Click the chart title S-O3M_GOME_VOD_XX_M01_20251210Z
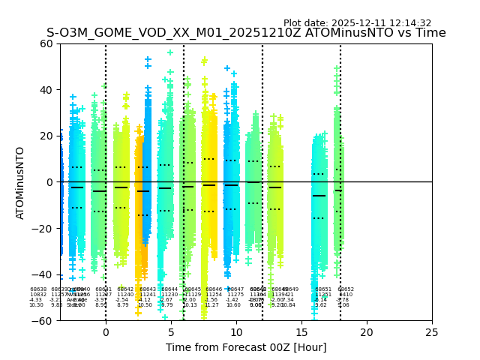pyautogui.click(x=246, y=33)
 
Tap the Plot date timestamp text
pyautogui.click(x=357, y=23)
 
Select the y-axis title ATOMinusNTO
pyautogui.click(x=20, y=182)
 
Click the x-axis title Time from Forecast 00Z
pyautogui.click(x=246, y=347)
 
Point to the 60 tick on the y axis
pyautogui.click(x=46, y=43)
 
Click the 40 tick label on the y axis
pyautogui.click(x=46, y=90)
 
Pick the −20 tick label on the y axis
pyautogui.click(x=43, y=229)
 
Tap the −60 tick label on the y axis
pyautogui.click(x=43, y=321)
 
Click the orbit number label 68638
pyautogui.click(x=38, y=289)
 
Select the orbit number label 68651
pyautogui.click(x=323, y=289)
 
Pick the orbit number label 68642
pyautogui.click(x=125, y=289)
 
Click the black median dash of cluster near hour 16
pyautogui.click(x=319, y=196)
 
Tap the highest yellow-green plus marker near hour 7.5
pyautogui.click(x=204, y=61)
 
